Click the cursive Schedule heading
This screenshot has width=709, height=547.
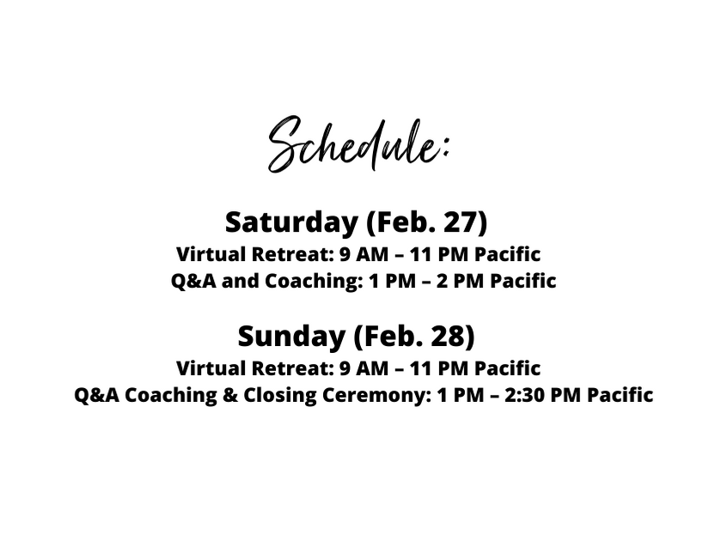(358, 144)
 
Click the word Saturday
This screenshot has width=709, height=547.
(291, 222)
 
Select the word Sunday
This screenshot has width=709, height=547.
(291, 337)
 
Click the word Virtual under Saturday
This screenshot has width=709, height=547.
(211, 254)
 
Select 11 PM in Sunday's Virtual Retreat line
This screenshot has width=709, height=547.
(439, 368)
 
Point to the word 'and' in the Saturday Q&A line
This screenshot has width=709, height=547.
(240, 281)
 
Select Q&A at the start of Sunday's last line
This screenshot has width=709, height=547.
(97, 395)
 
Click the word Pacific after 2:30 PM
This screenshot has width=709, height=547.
(620, 395)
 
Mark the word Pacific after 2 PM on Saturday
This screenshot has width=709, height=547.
(523, 281)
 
